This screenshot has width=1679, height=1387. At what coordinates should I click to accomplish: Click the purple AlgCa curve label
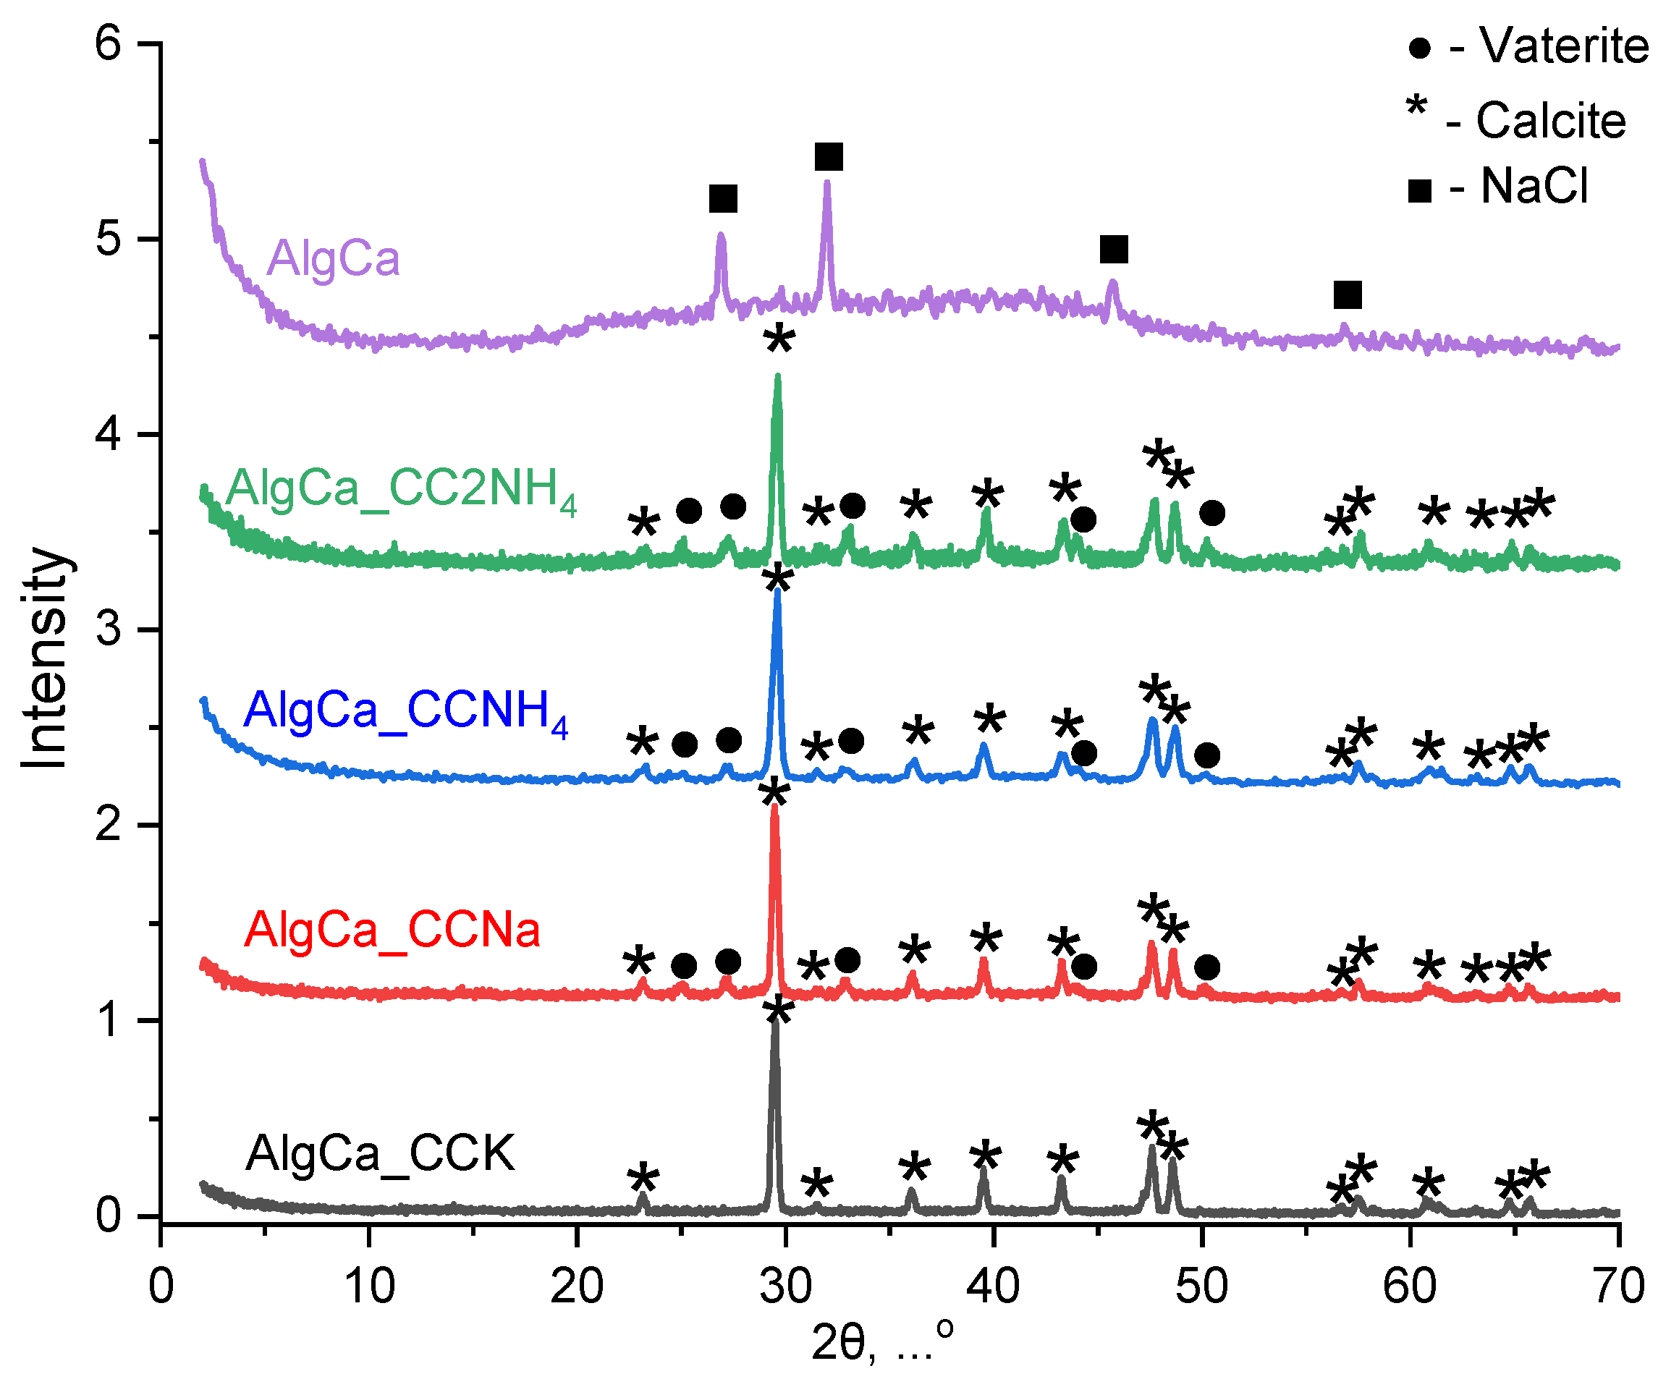point(332,259)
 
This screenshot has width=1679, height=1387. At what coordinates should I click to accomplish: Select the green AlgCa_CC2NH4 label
point(400,490)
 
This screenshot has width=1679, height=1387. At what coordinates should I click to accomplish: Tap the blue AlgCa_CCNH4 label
point(405,711)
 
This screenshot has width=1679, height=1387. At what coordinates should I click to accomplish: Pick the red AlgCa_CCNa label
point(392,930)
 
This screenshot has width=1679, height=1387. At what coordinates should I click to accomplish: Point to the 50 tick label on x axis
point(1201,1287)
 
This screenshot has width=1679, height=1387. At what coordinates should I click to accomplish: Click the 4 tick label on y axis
point(108,435)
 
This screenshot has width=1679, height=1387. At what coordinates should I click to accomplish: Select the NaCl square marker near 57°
point(1347,294)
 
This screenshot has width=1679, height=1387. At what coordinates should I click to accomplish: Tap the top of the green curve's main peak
point(777,377)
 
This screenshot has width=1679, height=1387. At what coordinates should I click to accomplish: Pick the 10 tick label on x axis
point(368,1287)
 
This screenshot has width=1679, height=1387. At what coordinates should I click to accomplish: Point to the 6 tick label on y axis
point(108,43)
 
